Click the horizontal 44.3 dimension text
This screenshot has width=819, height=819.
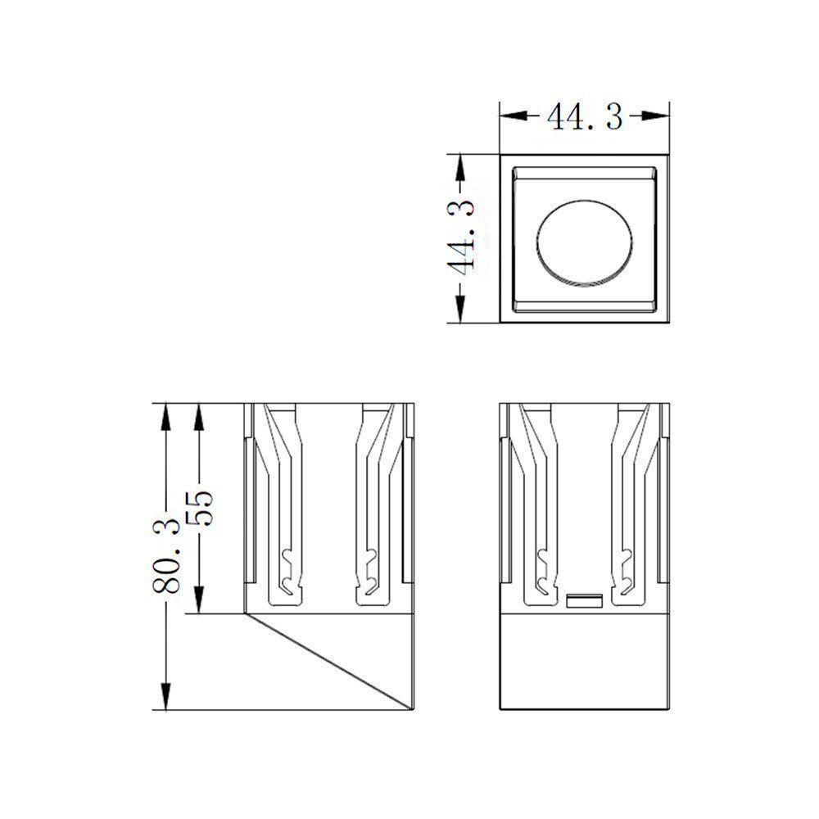click(x=585, y=116)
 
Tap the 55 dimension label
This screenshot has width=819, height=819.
click(x=199, y=508)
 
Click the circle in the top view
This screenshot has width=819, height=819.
click(x=585, y=243)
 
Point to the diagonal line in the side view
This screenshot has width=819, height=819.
click(x=329, y=662)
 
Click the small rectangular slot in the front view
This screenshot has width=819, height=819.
click(x=585, y=601)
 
